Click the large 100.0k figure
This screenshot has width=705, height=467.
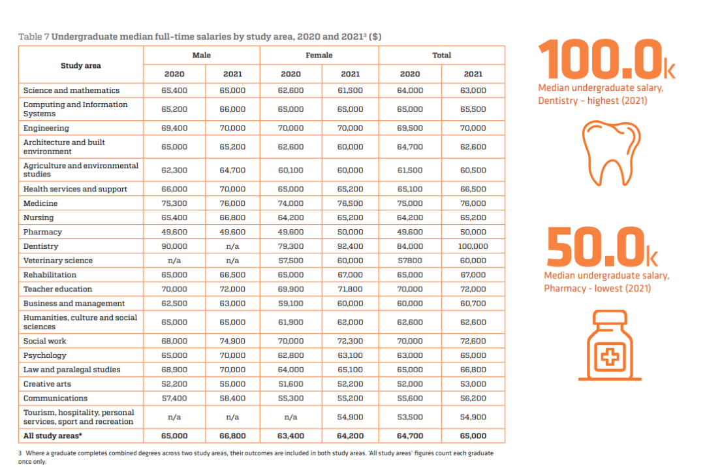[x=606, y=59]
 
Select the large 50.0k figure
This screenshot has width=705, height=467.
[x=602, y=247]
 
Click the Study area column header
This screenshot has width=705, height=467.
[x=81, y=66]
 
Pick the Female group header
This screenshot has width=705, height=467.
[x=319, y=56]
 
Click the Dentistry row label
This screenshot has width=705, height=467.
[x=41, y=246]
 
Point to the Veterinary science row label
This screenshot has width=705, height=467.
[x=58, y=261]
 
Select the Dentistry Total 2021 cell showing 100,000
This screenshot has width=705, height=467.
[x=473, y=246]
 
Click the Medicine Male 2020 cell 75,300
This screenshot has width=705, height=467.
[x=174, y=203]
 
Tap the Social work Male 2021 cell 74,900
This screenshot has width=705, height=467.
[x=232, y=341]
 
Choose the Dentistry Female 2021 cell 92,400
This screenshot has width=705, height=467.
[x=351, y=246]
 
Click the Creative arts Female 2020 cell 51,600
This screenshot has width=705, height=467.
[x=291, y=384]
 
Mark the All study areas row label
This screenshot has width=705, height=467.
[x=53, y=436]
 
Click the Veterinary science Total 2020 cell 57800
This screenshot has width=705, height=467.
[x=410, y=261]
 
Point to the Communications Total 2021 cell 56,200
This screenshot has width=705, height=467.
[x=473, y=398]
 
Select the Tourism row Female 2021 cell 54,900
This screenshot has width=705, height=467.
[x=351, y=417]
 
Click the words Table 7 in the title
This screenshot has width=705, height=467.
[x=34, y=37]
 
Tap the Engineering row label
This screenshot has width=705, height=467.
[x=46, y=128]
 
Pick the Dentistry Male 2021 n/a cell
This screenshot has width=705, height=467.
[x=232, y=246]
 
